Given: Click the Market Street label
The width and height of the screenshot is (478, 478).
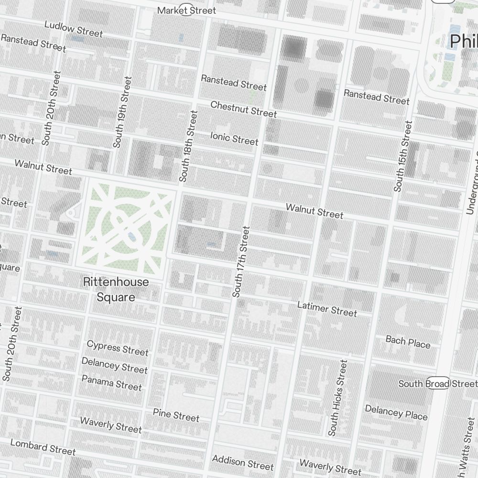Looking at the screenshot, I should [x=186, y=10].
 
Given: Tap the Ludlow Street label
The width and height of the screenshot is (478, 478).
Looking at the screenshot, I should [x=73, y=29].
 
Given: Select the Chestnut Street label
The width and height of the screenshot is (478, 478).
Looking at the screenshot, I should [x=243, y=109].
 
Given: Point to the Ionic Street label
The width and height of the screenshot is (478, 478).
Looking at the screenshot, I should [x=234, y=138].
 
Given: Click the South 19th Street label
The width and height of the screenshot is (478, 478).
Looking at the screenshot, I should [x=122, y=112].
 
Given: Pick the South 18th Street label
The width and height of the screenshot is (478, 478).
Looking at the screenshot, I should [x=188, y=146].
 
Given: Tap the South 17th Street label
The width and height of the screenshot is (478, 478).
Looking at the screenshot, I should [x=241, y=262].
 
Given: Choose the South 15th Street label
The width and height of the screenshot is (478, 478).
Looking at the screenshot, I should [x=402, y=156].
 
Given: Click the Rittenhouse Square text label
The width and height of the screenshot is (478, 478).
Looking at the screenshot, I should [x=116, y=289].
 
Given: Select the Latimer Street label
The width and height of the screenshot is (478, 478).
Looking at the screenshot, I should [x=327, y=308].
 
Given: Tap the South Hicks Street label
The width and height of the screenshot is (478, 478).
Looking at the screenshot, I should [x=338, y=398].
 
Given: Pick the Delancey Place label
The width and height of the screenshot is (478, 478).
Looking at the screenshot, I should [x=396, y=412].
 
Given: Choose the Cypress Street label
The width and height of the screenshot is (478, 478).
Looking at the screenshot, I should [x=118, y=348].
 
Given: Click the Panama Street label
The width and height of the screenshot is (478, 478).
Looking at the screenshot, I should [x=111, y=382].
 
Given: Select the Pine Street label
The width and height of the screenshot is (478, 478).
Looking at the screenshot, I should [x=176, y=415].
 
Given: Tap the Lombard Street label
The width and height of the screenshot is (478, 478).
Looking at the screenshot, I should [x=43, y=447].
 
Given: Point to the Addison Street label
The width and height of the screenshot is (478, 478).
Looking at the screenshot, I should [x=243, y=462].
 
